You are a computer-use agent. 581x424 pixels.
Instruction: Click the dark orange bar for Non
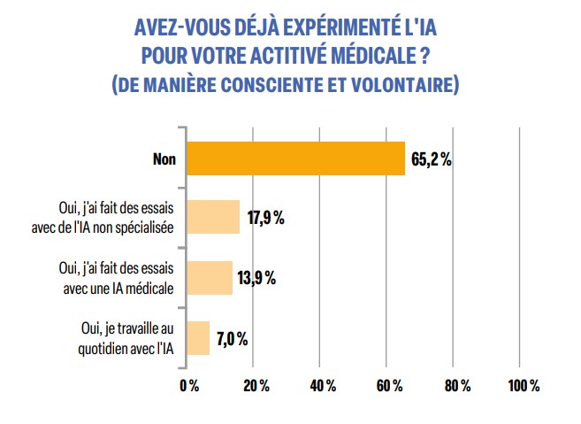[296, 158]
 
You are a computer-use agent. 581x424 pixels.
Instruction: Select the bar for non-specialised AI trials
[213, 217]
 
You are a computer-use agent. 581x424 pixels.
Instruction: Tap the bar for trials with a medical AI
[210, 276]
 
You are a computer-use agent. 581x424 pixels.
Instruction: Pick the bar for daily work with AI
[198, 337]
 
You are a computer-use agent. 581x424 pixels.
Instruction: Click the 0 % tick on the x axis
[187, 385]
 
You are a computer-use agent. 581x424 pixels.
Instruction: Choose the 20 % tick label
[254, 385]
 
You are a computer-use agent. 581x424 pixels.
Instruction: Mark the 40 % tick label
[320, 385]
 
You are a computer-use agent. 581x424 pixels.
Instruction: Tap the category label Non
[164, 159]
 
